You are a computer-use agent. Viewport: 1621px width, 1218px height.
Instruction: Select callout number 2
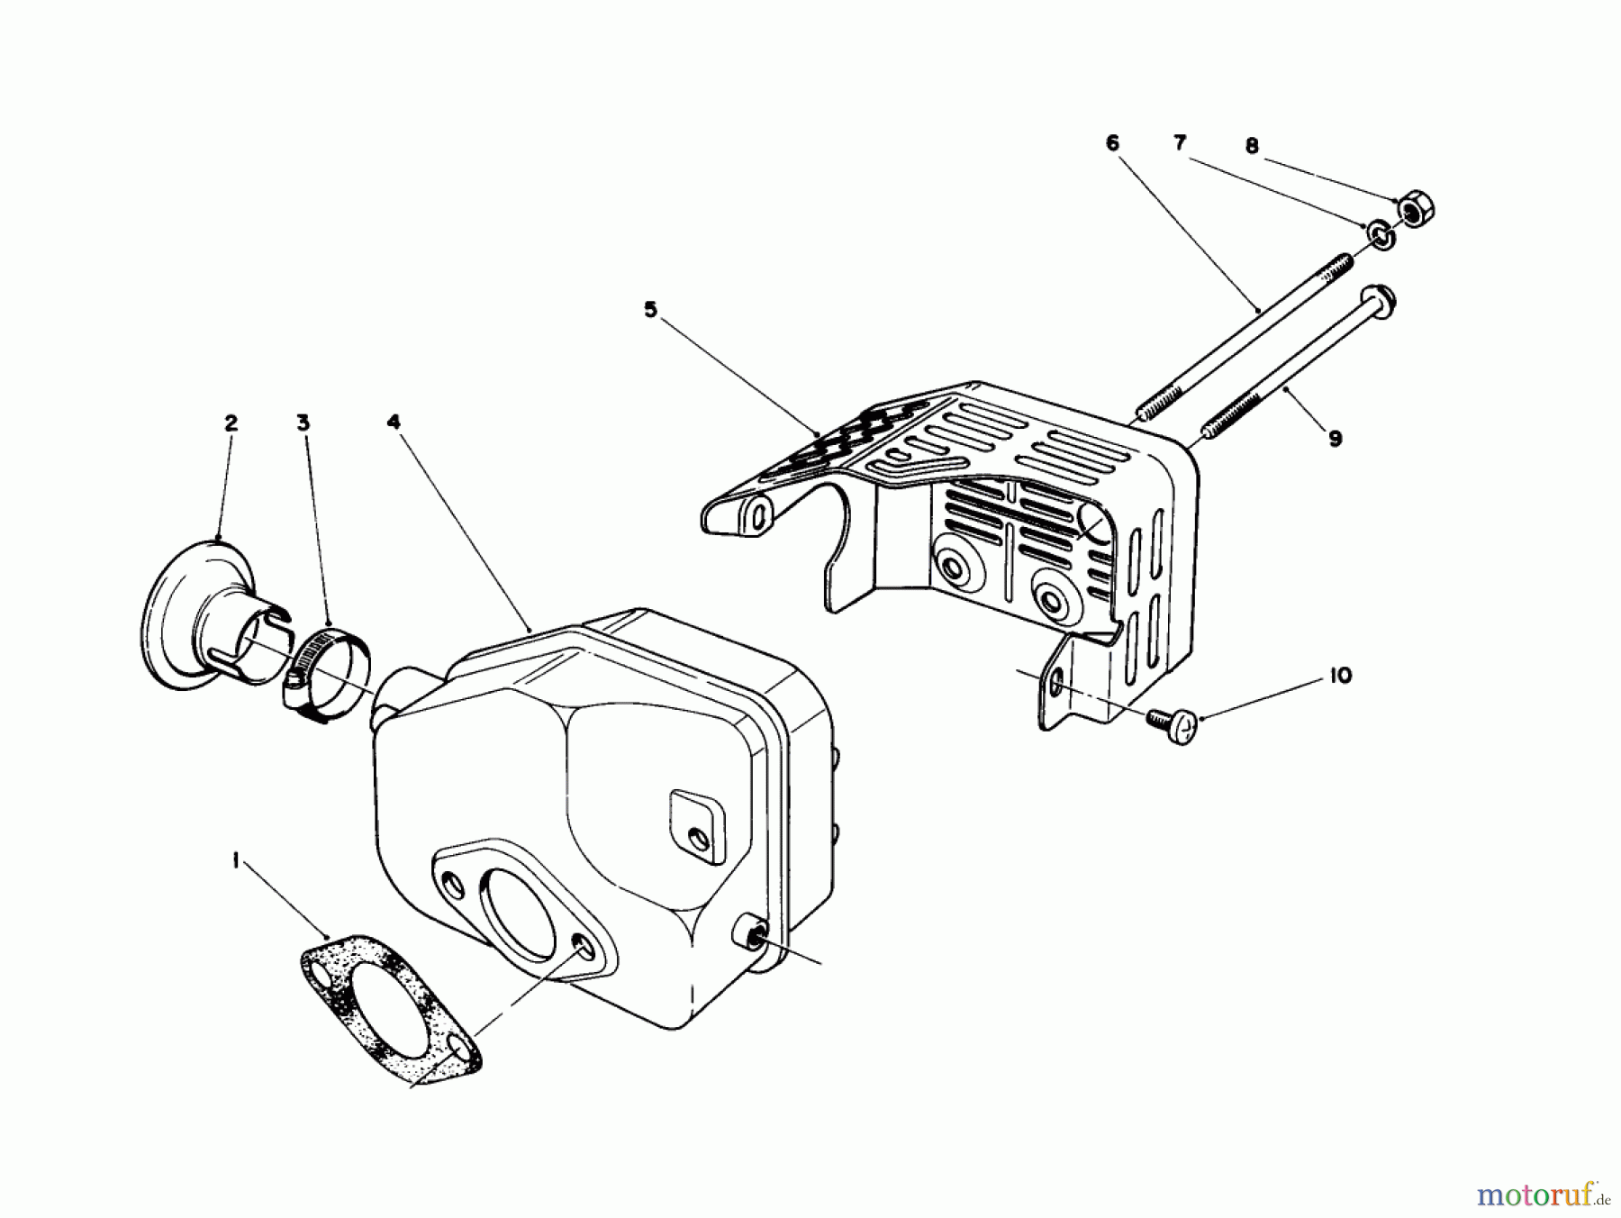pyautogui.click(x=231, y=423)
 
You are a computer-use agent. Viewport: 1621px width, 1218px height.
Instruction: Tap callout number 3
pyautogui.click(x=303, y=423)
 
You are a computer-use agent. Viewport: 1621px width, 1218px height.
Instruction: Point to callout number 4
pyautogui.click(x=394, y=422)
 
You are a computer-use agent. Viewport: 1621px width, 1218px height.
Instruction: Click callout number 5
pyautogui.click(x=650, y=310)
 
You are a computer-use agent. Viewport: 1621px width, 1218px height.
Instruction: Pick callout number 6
pyautogui.click(x=1112, y=143)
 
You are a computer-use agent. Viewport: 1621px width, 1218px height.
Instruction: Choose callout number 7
pyautogui.click(x=1180, y=143)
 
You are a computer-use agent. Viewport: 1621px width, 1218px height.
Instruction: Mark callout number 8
pyautogui.click(x=1251, y=146)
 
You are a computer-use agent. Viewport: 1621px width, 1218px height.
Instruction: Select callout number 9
pyautogui.click(x=1335, y=439)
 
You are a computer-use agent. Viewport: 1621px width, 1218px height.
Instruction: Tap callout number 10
pyautogui.click(x=1340, y=676)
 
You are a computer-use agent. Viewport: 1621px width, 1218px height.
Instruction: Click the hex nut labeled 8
pyautogui.click(x=1417, y=208)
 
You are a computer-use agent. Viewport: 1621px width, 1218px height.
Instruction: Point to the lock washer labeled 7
pyautogui.click(x=1380, y=234)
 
